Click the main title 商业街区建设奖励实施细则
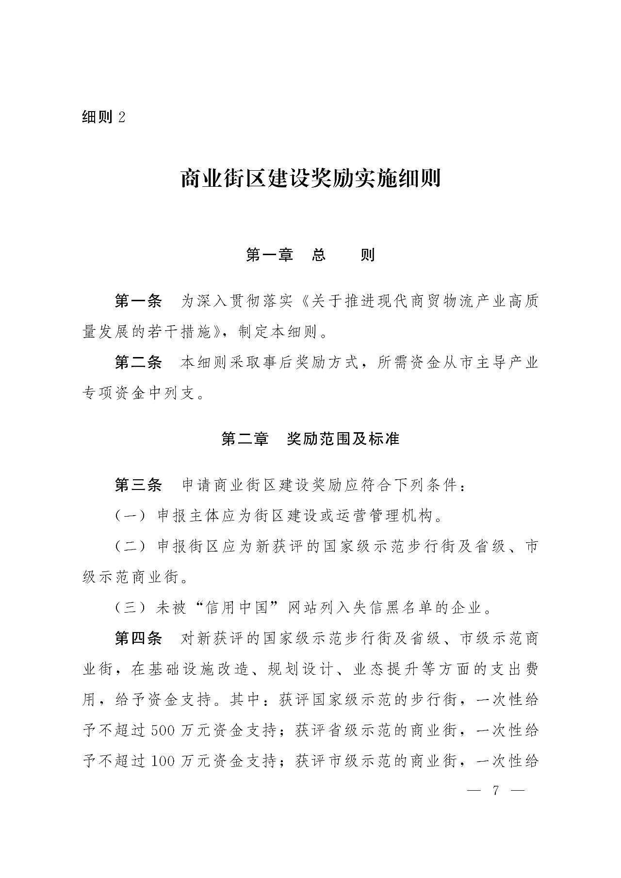pyautogui.click(x=310, y=179)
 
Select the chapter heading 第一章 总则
pyautogui.click(x=310, y=255)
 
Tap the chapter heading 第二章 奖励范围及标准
pyautogui.click(x=310, y=439)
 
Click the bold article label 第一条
pyautogui.click(x=138, y=301)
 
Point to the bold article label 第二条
pyautogui.click(x=138, y=362)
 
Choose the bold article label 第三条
pyautogui.click(x=138, y=485)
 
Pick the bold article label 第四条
pyautogui.click(x=138, y=638)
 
